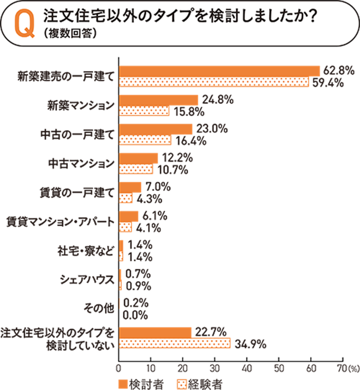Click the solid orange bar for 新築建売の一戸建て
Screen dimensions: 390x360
click(x=219, y=71)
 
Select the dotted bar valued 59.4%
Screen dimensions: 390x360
click(x=214, y=82)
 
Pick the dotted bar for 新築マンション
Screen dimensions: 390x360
click(x=144, y=111)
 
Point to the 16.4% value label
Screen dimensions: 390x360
click(x=190, y=140)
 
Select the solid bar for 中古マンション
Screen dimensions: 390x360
click(x=138, y=158)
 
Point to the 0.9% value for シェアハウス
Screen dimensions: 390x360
click(x=138, y=286)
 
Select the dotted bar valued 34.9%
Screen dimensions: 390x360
click(x=174, y=344)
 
